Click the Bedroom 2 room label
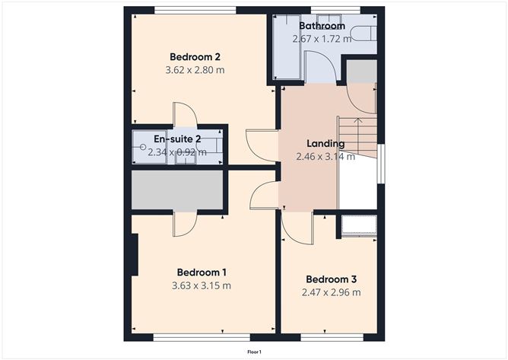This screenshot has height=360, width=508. (x=195, y=57)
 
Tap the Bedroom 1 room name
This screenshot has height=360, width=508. (x=202, y=272)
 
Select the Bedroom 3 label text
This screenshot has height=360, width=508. (x=331, y=279)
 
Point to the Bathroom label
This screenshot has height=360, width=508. (x=322, y=26)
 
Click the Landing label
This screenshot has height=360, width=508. (x=325, y=143)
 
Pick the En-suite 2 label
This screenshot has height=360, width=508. (x=177, y=139)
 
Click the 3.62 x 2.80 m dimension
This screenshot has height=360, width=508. (x=195, y=70)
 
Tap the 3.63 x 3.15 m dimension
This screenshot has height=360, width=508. (x=202, y=285)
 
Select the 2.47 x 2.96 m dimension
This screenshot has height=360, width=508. (x=331, y=292)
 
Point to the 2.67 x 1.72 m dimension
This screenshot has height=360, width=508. (x=322, y=39)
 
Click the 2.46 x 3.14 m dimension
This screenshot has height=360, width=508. (x=325, y=157)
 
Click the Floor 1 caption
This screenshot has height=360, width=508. (x=254, y=352)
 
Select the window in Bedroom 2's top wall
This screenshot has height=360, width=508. (x=195, y=10)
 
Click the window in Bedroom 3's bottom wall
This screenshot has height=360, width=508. (x=332, y=337)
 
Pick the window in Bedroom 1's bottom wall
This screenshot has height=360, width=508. (x=202, y=337)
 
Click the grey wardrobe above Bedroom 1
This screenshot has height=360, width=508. (x=177, y=190)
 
